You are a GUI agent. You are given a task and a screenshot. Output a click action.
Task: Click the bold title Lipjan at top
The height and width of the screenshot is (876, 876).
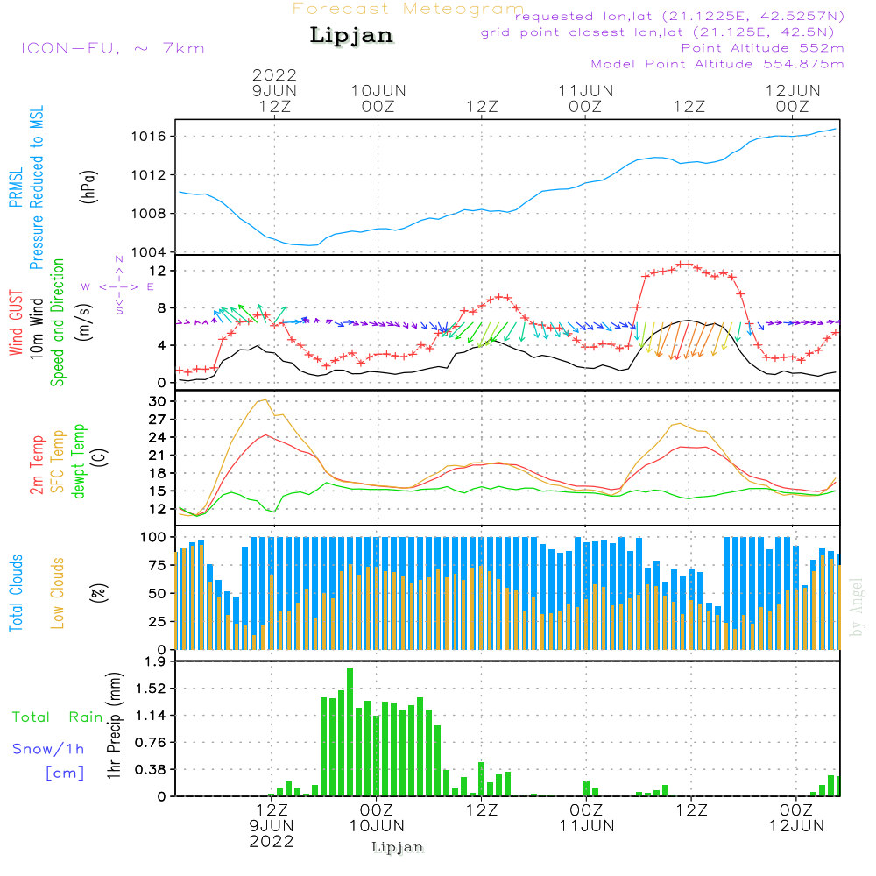click(351, 36)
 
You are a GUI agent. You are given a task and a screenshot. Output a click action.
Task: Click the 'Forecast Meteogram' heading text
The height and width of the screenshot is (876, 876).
click(408, 9)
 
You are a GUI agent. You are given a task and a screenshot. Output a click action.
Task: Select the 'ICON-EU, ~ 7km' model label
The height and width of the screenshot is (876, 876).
click(112, 48)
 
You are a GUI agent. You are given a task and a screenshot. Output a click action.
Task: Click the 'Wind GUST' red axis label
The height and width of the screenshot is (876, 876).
click(17, 322)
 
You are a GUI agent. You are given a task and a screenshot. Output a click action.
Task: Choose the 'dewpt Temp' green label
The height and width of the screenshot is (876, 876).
click(80, 462)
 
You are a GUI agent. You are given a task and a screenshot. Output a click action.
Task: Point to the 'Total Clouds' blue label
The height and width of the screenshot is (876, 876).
click(17, 593)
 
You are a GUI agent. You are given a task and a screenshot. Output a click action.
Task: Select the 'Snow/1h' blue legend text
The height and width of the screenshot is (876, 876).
click(48, 749)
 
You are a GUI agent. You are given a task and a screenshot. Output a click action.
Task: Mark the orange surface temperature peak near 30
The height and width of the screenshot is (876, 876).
click(264, 400)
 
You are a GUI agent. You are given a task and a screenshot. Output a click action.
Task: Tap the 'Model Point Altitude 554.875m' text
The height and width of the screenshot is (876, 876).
click(717, 64)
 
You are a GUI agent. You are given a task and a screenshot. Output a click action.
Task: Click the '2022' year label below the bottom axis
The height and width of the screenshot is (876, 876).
click(272, 841)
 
